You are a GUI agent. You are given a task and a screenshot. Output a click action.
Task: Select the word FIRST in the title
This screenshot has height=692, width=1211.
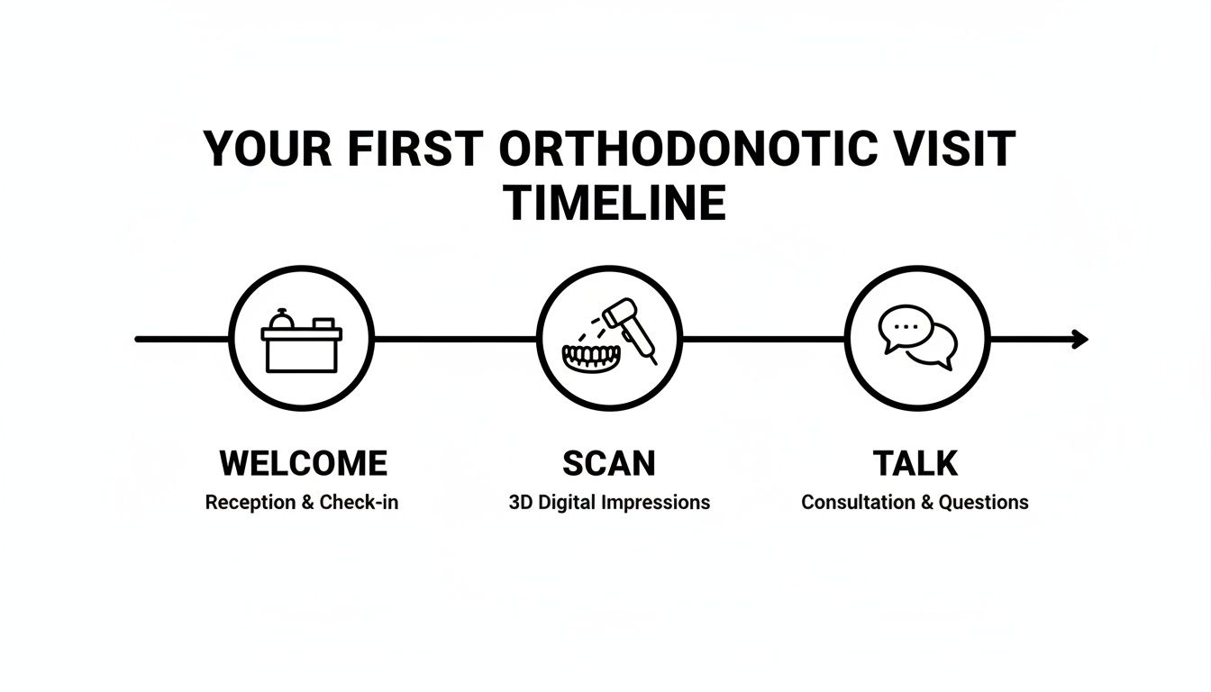(421, 150)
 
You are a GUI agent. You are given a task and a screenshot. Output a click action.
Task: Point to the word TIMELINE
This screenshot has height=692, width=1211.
(615, 204)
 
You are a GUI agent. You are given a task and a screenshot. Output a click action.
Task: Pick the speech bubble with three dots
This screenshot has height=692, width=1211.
(903, 329)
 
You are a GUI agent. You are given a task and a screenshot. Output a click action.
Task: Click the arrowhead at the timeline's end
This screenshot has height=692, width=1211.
(1079, 340)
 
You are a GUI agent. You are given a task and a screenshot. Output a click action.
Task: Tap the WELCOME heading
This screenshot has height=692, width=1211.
(303, 464)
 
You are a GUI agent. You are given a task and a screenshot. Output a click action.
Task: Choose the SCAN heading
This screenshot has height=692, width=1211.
(609, 464)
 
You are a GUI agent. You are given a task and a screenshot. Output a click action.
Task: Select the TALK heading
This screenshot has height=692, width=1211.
(915, 464)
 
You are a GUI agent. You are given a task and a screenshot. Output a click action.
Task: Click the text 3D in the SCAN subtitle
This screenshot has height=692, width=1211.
(521, 503)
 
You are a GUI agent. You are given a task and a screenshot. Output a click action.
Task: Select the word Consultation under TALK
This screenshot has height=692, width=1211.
(857, 503)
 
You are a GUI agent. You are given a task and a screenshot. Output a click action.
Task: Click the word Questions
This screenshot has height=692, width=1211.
(983, 503)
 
